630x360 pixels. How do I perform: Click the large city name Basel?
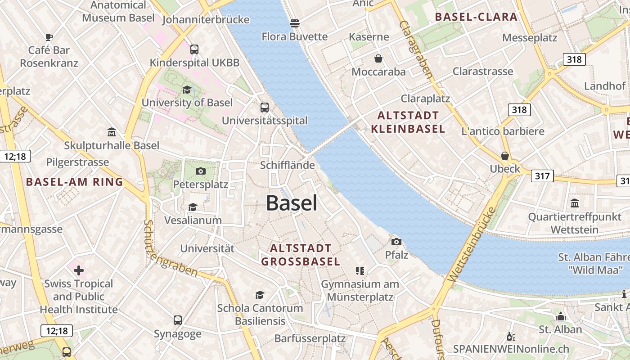(x=292, y=203)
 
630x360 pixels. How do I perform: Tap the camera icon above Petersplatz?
(x=201, y=171)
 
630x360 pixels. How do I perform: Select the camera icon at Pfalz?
(x=396, y=242)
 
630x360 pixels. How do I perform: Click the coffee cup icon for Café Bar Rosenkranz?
(x=49, y=37)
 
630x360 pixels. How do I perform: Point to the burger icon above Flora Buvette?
(x=295, y=22)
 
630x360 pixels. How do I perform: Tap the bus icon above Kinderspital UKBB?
(x=194, y=49)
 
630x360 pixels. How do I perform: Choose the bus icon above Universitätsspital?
(x=265, y=108)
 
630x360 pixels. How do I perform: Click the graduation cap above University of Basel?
(x=187, y=90)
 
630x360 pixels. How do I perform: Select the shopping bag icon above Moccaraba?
(x=378, y=58)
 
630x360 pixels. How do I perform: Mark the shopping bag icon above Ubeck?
(x=505, y=156)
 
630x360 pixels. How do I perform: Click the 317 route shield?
(x=542, y=175)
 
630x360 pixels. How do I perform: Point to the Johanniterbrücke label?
(x=205, y=20)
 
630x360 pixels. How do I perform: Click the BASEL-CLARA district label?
(x=477, y=17)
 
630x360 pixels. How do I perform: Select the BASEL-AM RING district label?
(x=75, y=182)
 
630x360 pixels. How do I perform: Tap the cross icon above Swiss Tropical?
(x=79, y=270)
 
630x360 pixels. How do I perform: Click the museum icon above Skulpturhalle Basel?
(x=111, y=132)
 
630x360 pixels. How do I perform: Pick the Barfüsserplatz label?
(x=310, y=338)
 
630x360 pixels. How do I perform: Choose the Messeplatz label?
(x=530, y=38)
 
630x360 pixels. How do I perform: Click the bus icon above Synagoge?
(x=178, y=320)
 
